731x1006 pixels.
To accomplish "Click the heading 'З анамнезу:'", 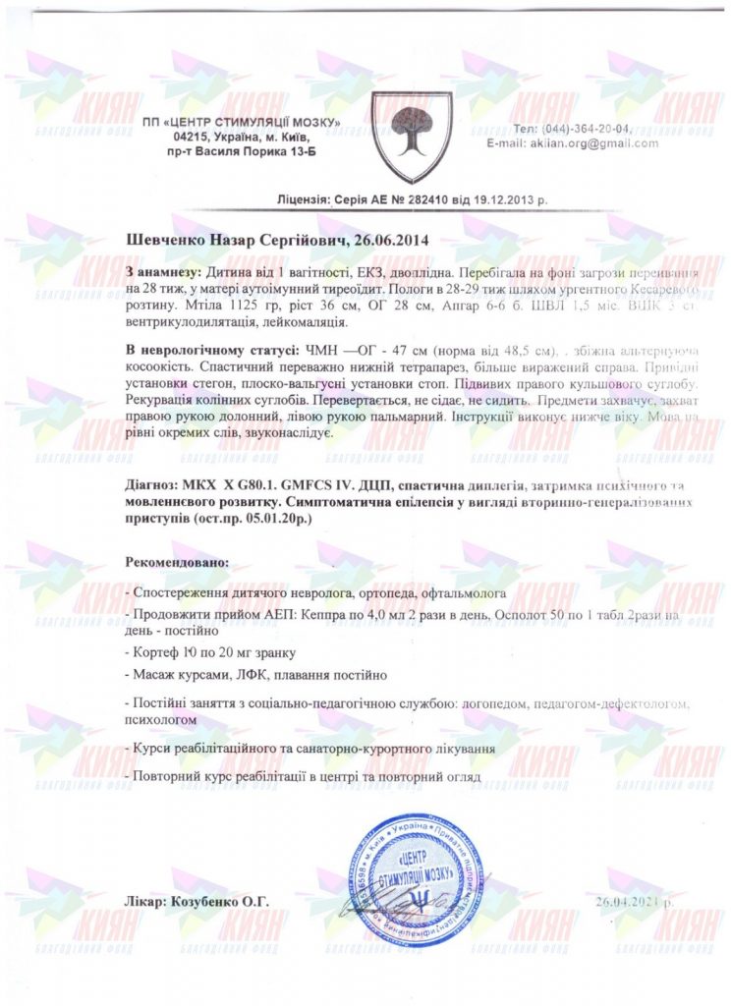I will pyautogui.click(x=164, y=269).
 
